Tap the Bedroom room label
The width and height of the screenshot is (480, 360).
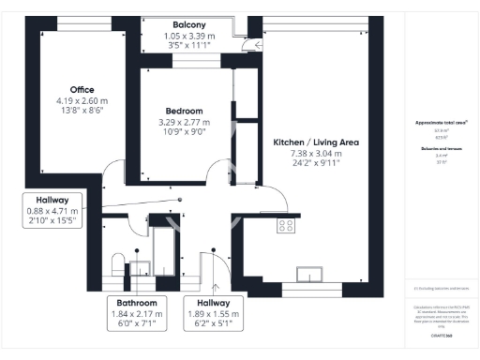pyautogui.click(x=184, y=111)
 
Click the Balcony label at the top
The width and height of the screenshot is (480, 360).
pyautogui.click(x=190, y=24)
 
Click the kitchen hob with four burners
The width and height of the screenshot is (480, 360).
pyautogui.click(x=286, y=225)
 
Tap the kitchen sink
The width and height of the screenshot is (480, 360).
pyautogui.click(x=308, y=273)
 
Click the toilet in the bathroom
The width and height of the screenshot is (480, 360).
pyautogui.click(x=117, y=262)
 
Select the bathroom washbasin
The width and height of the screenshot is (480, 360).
pyautogui.click(x=138, y=268)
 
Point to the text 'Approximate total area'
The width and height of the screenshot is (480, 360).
pyautogui.click(x=440, y=123)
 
